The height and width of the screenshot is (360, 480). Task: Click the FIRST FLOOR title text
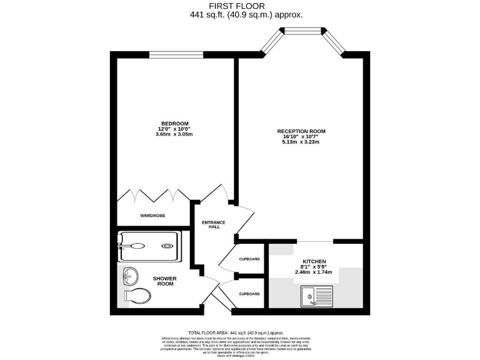(x=240, y=7)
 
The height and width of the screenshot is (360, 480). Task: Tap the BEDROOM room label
(x=174, y=124)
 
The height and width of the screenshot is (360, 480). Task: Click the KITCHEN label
(x=315, y=261)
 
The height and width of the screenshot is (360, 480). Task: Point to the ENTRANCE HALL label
(x=214, y=224)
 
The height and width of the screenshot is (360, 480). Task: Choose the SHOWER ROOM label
(x=165, y=281)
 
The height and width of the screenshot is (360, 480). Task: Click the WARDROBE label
(x=152, y=216)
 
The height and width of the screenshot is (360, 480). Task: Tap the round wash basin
(x=131, y=276)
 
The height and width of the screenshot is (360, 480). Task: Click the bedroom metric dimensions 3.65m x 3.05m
(x=174, y=134)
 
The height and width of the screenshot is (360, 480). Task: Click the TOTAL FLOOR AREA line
(x=240, y=332)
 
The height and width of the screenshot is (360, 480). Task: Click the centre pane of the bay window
(x=304, y=31)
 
